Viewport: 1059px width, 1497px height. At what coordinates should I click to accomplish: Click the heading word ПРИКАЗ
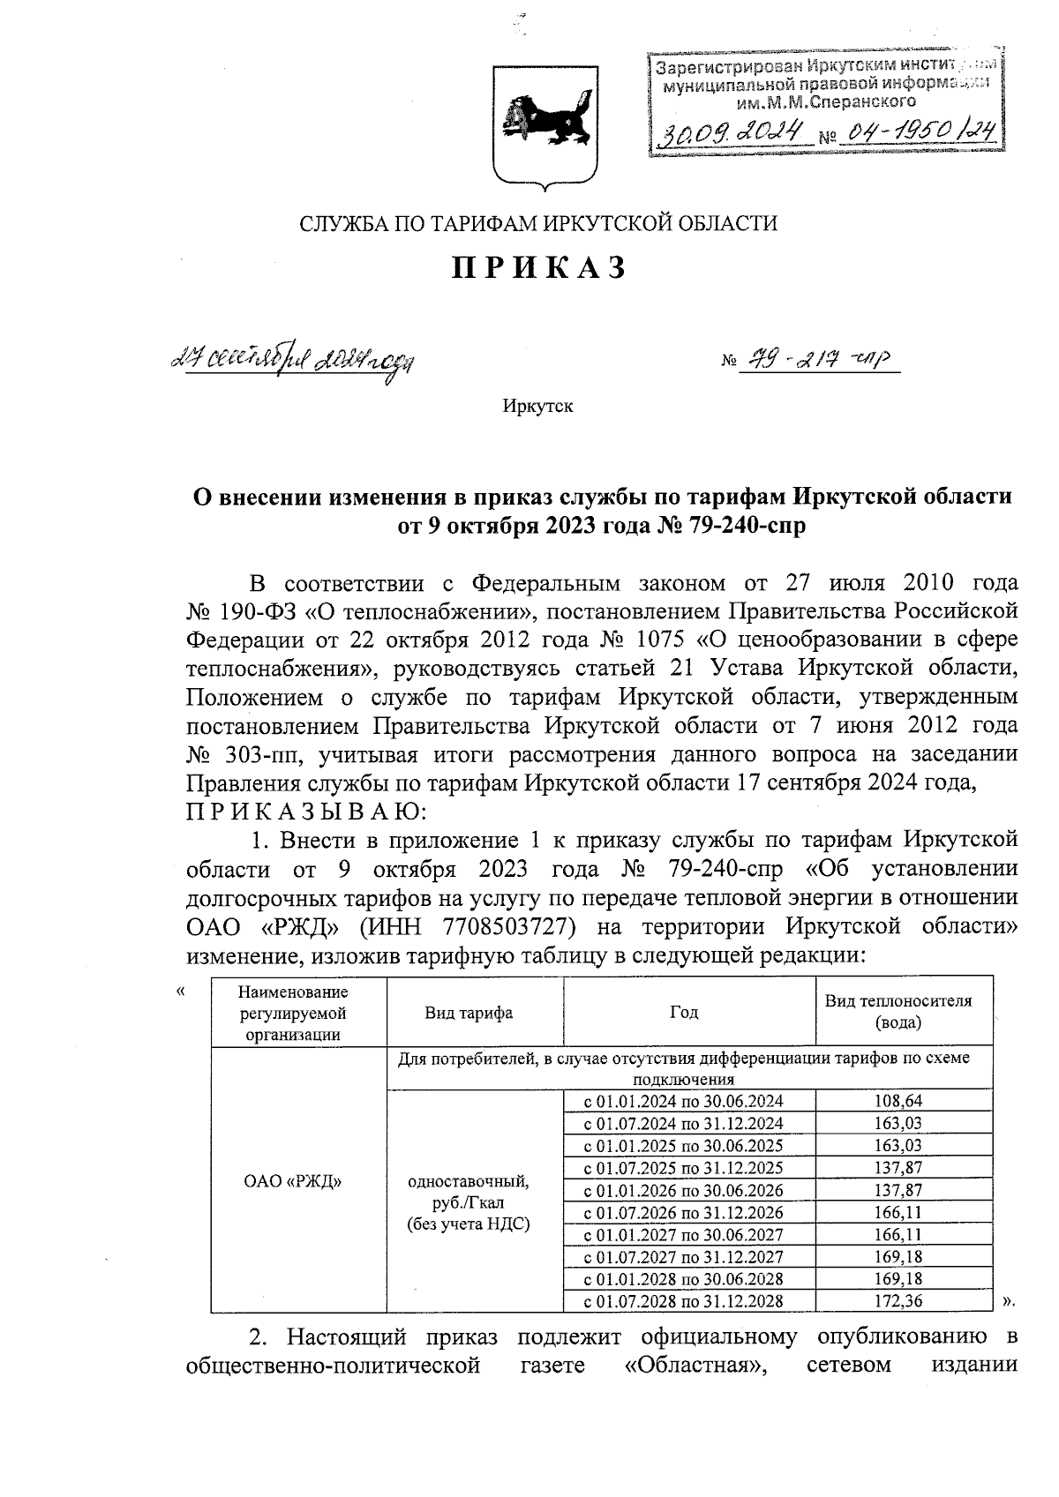click(x=538, y=268)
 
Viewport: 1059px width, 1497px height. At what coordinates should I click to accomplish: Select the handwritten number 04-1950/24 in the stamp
click(x=919, y=133)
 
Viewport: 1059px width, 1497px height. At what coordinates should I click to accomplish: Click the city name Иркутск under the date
click(x=537, y=407)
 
